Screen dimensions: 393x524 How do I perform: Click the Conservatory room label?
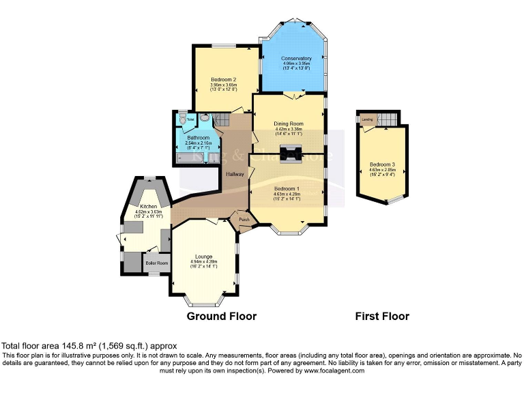296,59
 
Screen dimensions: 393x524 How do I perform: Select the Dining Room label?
289,123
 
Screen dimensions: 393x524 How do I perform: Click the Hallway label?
235,174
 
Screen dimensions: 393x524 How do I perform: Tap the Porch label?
244,220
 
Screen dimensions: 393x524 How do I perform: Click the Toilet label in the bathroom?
190,120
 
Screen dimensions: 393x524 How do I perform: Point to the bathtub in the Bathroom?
188,156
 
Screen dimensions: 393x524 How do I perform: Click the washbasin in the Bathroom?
205,117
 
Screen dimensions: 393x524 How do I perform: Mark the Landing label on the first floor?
367,119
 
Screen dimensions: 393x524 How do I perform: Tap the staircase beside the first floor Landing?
386,119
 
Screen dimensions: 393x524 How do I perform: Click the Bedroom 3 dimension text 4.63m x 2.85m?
380,170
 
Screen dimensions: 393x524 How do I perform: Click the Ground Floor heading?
222,317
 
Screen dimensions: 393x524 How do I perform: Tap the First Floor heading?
382,317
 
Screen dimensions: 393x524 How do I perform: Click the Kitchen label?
149,206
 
